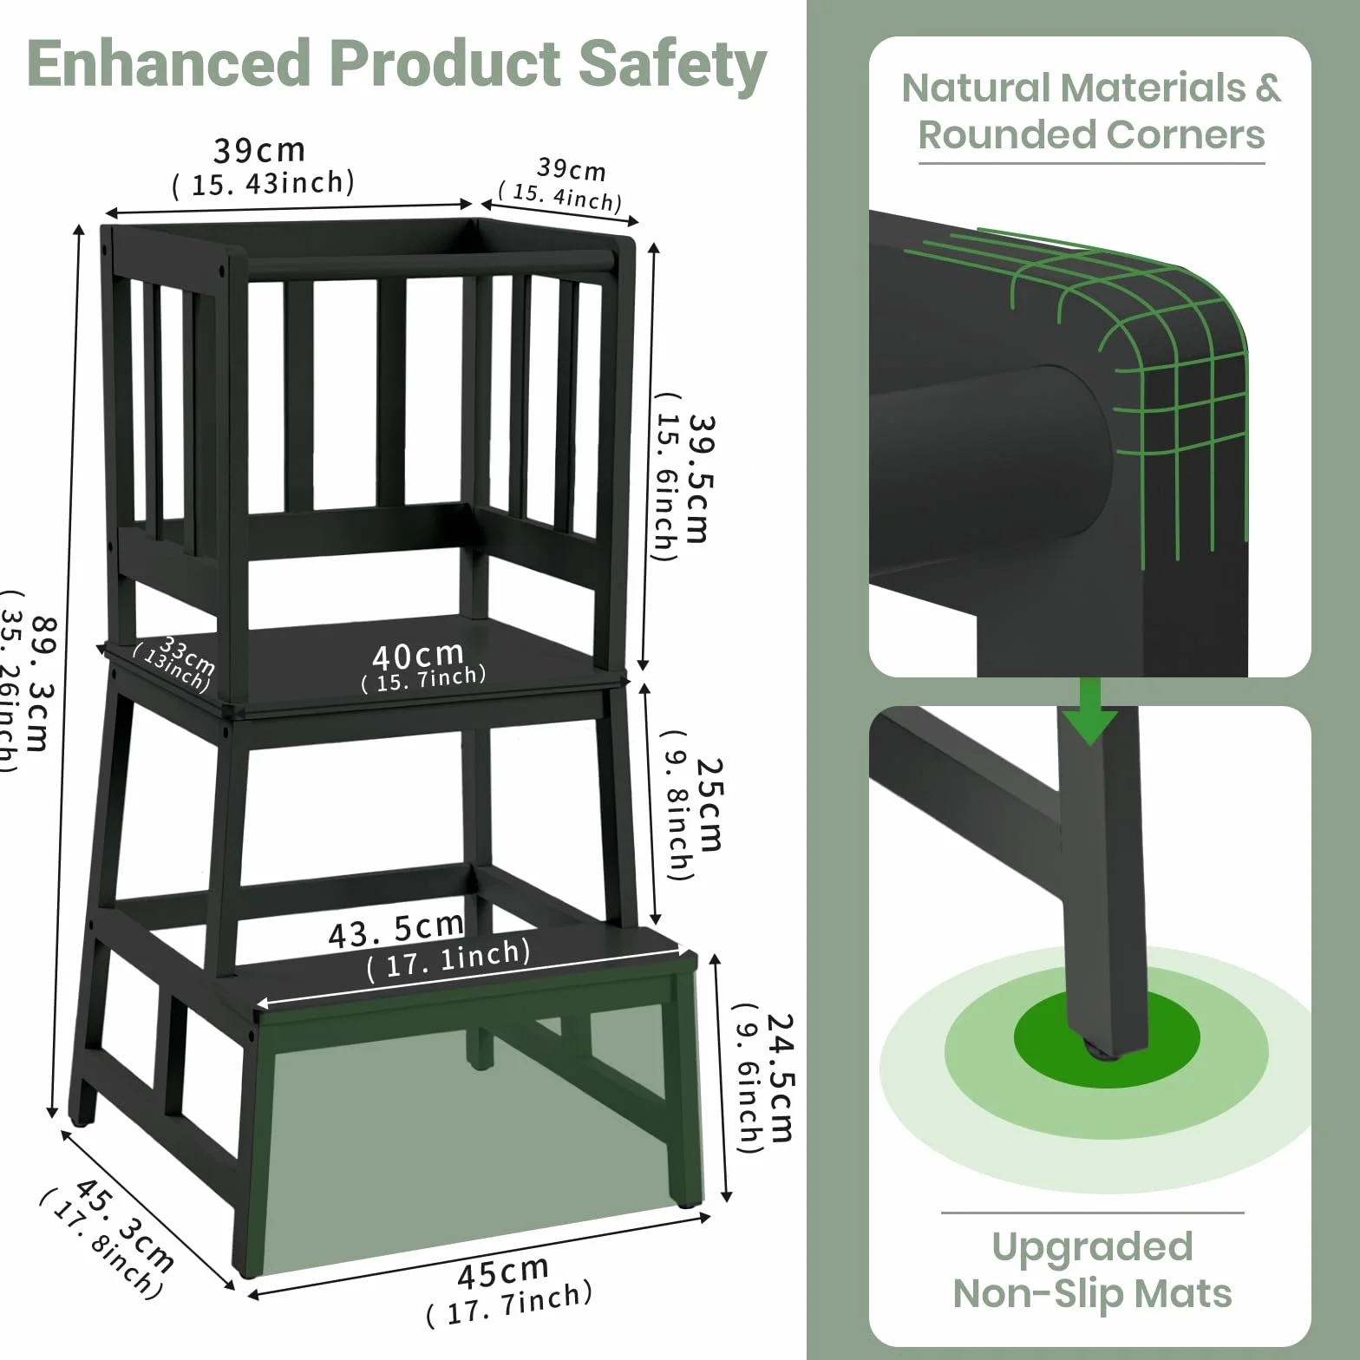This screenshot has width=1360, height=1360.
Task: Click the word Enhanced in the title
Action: click(x=168, y=63)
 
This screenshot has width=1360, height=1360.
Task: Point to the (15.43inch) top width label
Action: click(x=264, y=184)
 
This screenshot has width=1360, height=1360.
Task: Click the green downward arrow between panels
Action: click(x=1090, y=711)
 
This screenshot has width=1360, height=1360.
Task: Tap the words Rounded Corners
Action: click(x=1091, y=135)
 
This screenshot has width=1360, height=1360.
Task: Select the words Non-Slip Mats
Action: click(x=1092, y=1293)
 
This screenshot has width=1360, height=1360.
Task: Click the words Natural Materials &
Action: click(x=1091, y=88)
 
